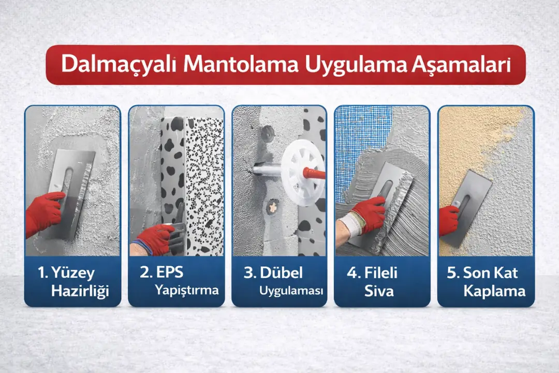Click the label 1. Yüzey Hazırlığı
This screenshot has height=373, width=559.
[73, 281]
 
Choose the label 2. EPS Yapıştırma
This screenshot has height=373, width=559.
[176, 281]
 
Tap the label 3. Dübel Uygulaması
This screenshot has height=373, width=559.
[280, 281]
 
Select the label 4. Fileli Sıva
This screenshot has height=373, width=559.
[382, 281]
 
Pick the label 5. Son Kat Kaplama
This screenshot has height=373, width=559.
[486, 281]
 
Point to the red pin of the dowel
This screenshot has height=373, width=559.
[315, 173]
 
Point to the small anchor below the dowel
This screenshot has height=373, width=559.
[272, 207]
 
